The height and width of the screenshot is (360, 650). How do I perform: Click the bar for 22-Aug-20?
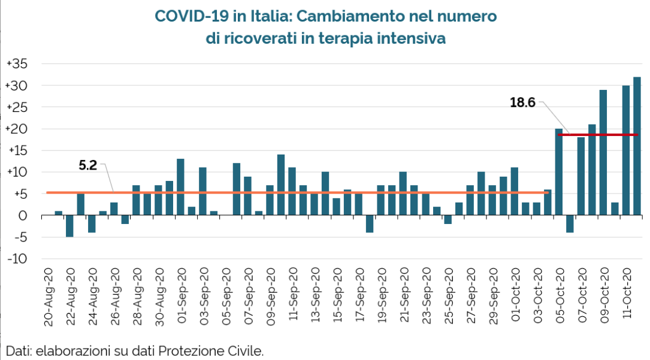click(x=80, y=204)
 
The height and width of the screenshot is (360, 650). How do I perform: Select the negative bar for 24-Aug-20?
click(x=92, y=224)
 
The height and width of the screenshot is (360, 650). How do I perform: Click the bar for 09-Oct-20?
click(x=603, y=152)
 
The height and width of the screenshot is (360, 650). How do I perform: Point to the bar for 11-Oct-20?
click(x=625, y=150)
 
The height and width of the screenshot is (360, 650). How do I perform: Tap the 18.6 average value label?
click(x=522, y=102)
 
